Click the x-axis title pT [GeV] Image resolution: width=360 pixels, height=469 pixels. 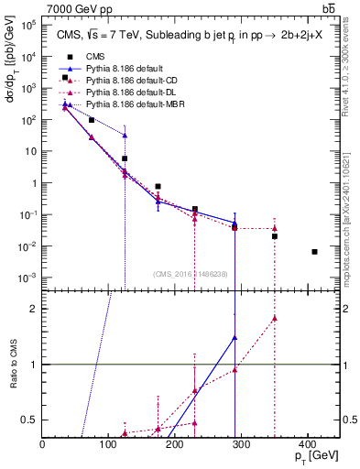click(313, 455)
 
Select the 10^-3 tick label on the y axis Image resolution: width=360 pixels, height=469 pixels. click(27, 278)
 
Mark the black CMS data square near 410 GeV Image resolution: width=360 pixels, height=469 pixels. click(314, 252)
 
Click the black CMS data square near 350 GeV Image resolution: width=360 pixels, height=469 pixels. click(274, 236)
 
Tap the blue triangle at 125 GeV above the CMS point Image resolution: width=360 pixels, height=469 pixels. click(125, 136)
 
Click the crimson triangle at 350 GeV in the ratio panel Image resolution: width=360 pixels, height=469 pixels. click(274, 319)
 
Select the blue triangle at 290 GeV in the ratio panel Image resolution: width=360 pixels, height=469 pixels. click(235, 338)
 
